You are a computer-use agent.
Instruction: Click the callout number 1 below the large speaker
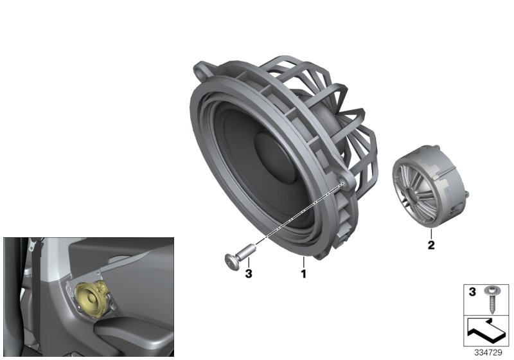point(302,273)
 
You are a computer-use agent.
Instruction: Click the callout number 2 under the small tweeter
point(430,244)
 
